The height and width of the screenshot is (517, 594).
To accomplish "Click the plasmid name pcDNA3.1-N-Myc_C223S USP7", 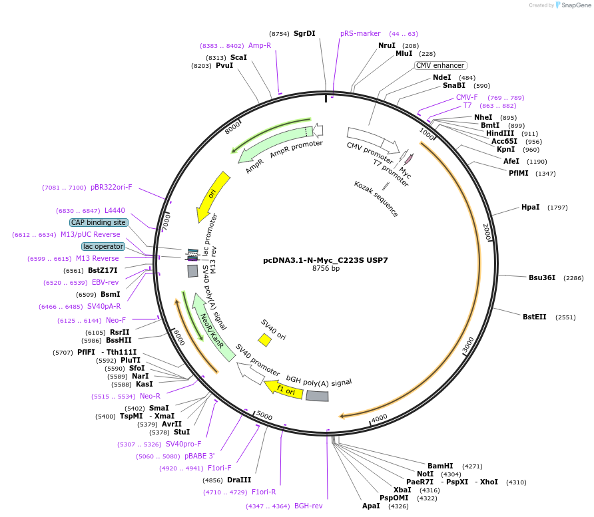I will [x=326, y=260].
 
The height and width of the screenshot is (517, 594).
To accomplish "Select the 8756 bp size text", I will [x=326, y=269].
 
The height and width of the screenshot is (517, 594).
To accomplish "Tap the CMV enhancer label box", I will [x=440, y=66].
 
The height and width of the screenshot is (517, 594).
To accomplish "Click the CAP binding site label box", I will [x=99, y=222].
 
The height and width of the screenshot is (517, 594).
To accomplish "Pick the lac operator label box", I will [x=103, y=246].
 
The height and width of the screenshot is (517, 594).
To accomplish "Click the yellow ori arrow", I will [x=212, y=196].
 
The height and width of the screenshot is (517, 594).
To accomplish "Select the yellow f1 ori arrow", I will [x=284, y=390].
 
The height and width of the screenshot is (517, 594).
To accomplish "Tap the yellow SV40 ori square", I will [x=264, y=340].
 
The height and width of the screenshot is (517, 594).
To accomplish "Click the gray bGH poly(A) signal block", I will [x=317, y=396].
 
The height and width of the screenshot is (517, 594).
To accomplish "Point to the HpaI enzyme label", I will [x=530, y=208].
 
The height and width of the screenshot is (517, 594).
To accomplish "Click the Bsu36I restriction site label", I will [x=541, y=277].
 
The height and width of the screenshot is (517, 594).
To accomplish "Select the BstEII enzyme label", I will [x=534, y=317].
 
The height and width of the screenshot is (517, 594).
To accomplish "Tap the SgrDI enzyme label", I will [x=304, y=33].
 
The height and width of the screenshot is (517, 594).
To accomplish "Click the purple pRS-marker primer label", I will [x=360, y=33].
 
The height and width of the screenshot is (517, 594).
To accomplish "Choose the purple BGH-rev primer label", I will [x=308, y=506].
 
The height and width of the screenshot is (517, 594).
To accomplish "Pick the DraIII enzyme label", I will [x=239, y=480].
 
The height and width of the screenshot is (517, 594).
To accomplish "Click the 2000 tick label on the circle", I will [x=487, y=232].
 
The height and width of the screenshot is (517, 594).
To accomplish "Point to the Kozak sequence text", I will [x=376, y=199].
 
